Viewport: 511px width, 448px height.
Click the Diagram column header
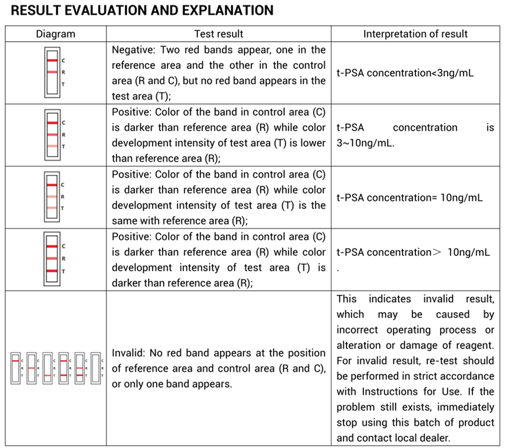(x=55, y=34)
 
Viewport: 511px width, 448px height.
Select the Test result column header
(x=219, y=34)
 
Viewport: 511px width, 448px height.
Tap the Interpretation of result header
(x=415, y=34)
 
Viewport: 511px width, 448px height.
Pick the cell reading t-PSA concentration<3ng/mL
(x=405, y=73)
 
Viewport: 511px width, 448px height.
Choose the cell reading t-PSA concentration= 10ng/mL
(x=409, y=197)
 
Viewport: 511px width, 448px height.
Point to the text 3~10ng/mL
(x=365, y=143)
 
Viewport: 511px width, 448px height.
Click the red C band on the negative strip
(x=52, y=60)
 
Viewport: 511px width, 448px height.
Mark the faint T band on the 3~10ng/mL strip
(x=52, y=146)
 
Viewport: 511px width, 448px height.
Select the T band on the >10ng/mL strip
(x=52, y=271)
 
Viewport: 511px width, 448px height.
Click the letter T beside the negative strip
(x=63, y=84)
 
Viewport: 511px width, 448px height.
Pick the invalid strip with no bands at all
(x=95, y=368)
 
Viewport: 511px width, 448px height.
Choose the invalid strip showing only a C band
(x=15, y=368)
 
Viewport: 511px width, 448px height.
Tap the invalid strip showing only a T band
(x=47, y=368)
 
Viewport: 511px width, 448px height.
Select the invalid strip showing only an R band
(x=31, y=368)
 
